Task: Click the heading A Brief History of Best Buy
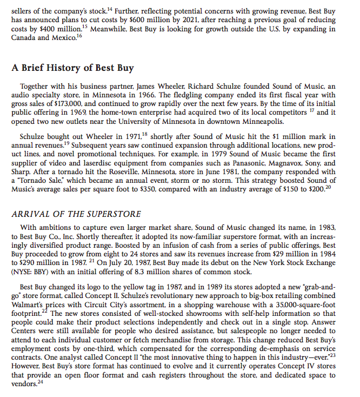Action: [72, 68]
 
